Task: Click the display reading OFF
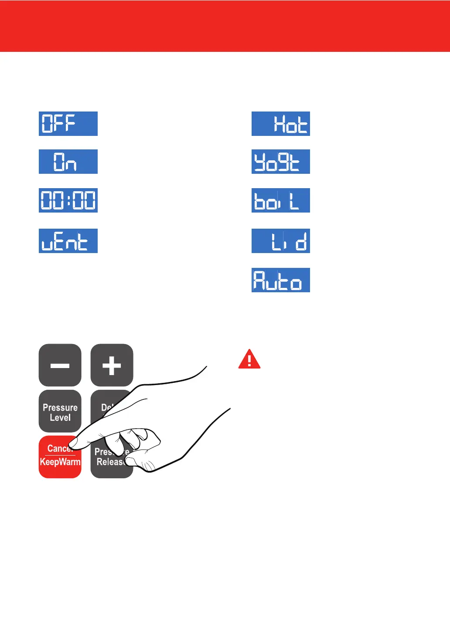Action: [x=68, y=124]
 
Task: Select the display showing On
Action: [x=68, y=162]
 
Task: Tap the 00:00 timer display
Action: [x=68, y=200]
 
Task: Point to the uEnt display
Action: [x=68, y=241]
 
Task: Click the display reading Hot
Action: [x=281, y=124]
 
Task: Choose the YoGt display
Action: [x=281, y=162]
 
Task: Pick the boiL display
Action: [x=281, y=200]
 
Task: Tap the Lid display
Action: [x=281, y=241]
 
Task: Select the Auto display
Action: [x=281, y=280]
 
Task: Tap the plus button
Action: [x=112, y=365]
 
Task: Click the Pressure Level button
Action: [x=60, y=412]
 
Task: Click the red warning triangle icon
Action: [x=249, y=360]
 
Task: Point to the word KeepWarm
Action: [x=60, y=462]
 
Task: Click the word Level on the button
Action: [x=60, y=418]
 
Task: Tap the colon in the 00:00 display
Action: [x=68, y=201]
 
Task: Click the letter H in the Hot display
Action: [x=279, y=124]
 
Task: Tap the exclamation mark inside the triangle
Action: [x=249, y=361]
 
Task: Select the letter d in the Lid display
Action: [x=301, y=241]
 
